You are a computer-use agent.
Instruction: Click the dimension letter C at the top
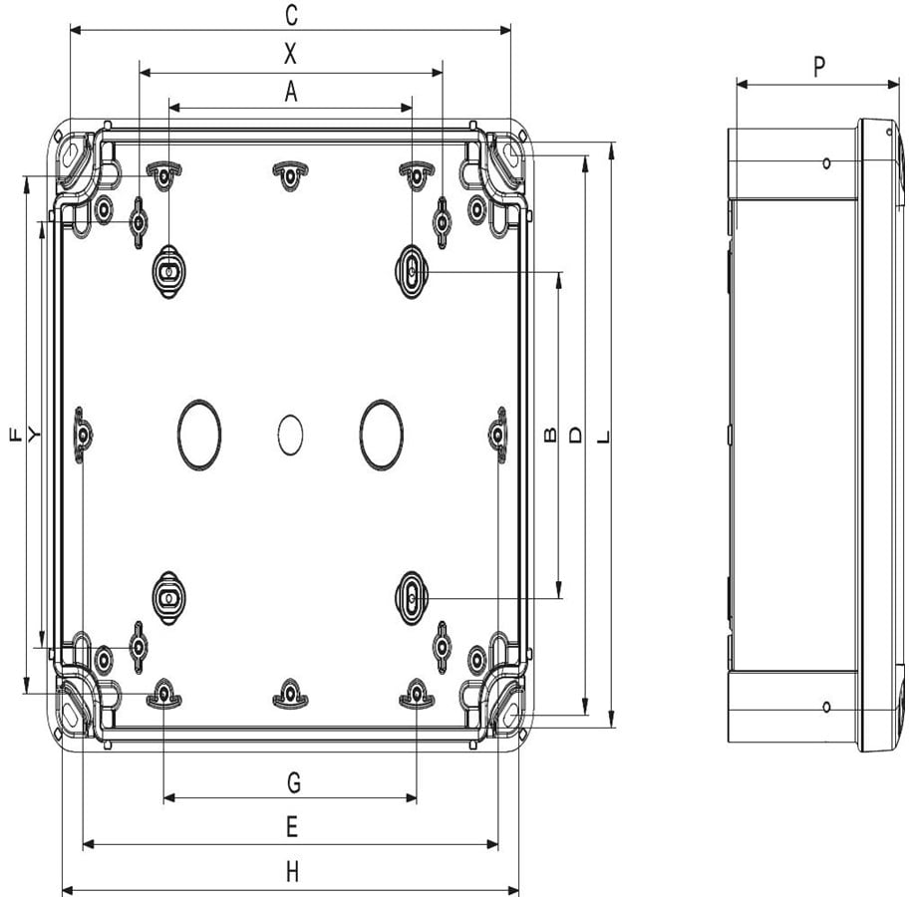291,16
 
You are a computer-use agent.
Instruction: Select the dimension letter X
290,54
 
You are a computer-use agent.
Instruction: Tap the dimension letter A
291,92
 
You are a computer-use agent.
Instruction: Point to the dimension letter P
819,67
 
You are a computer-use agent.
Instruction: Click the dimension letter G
294,782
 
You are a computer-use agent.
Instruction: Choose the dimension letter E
292,826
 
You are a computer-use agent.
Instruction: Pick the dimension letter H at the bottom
293,872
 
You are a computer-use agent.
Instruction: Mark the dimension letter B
549,435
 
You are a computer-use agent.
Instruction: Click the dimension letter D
575,436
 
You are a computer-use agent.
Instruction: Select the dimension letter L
604,437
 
